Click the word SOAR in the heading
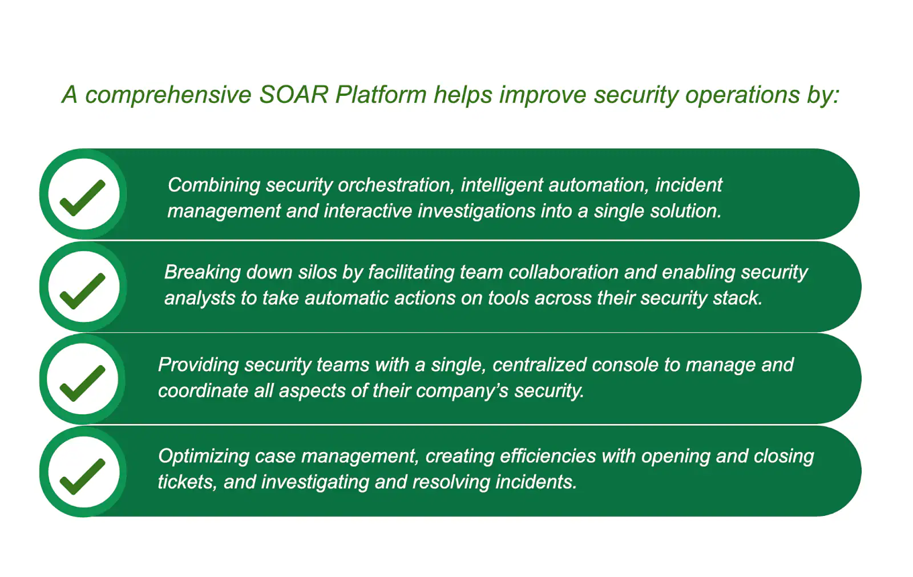point(293,95)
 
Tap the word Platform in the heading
point(381,95)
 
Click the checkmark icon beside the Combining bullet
point(83,195)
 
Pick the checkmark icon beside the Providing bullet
point(83,380)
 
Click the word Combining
point(213,185)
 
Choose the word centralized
point(539,365)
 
